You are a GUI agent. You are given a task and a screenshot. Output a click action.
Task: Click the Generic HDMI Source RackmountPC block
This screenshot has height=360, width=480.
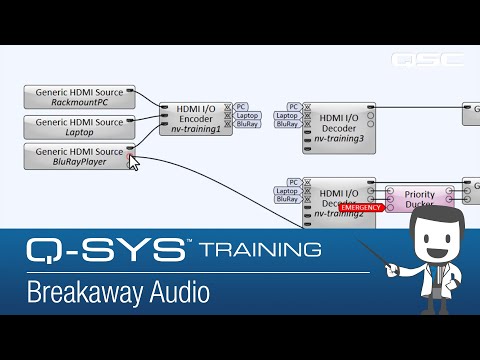coord(79,97)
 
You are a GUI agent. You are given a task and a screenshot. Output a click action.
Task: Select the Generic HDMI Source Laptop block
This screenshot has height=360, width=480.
coord(79,127)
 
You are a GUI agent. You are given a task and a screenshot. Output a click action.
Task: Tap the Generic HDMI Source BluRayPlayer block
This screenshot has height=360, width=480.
coord(79,156)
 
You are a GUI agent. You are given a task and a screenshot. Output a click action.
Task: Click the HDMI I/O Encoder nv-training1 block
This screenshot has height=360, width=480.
coord(196,119)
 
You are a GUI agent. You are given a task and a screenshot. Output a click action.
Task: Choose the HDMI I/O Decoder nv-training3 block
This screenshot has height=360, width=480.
coord(338,126)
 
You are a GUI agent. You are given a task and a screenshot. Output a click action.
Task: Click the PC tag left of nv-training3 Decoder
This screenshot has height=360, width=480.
coord(293,106)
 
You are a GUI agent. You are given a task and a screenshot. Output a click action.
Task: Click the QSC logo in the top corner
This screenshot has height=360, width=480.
coord(428,59)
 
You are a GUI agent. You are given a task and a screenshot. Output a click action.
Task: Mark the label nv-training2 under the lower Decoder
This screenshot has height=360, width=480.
coord(337,214)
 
